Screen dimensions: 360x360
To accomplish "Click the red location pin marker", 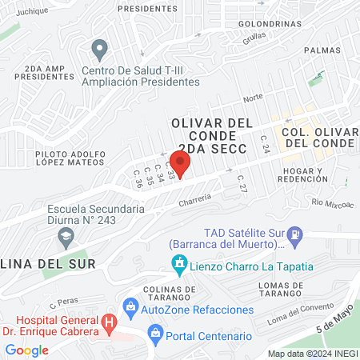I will pos(181,164).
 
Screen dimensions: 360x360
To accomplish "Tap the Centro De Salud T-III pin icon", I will pos(99,50).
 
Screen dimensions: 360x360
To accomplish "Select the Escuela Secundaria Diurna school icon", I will pos(65,237).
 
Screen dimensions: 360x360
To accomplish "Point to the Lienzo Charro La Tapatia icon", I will pos(181,262).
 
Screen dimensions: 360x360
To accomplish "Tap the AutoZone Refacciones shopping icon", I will pos(130,306).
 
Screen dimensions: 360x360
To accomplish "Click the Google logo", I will pos(26,350).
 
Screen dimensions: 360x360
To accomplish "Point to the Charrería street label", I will pos(194,198).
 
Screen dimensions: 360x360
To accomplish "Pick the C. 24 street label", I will pos(265,144).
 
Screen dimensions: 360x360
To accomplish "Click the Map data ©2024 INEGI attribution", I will pos(312,353).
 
